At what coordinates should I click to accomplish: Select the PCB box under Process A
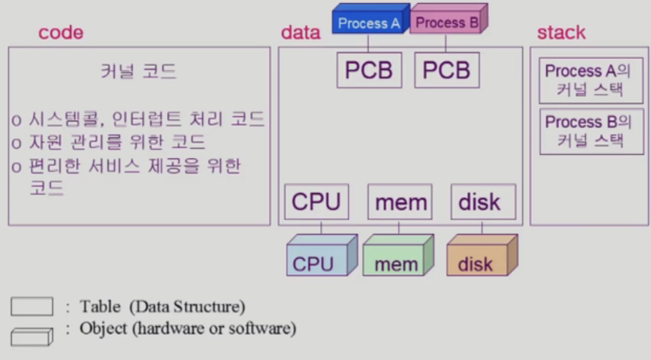pyautogui.click(x=369, y=70)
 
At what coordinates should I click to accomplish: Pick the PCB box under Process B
pyautogui.click(x=447, y=70)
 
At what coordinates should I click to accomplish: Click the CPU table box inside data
pyautogui.click(x=316, y=202)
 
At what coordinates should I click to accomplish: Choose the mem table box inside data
pyautogui.click(x=400, y=202)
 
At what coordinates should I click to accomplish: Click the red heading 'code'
pyautogui.click(x=61, y=33)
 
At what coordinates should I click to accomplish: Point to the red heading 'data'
pyautogui.click(x=300, y=33)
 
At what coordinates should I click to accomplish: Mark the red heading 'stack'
pyautogui.click(x=561, y=33)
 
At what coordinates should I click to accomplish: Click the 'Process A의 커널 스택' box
pyautogui.click(x=591, y=80)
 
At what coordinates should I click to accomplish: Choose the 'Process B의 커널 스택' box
pyautogui.click(x=591, y=131)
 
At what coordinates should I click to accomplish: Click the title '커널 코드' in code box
pyautogui.click(x=138, y=71)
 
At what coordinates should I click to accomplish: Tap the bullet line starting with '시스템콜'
pyautogui.click(x=138, y=119)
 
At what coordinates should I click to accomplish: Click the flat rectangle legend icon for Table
pyautogui.click(x=32, y=307)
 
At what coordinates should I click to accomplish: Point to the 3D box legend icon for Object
pyautogui.click(x=32, y=336)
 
